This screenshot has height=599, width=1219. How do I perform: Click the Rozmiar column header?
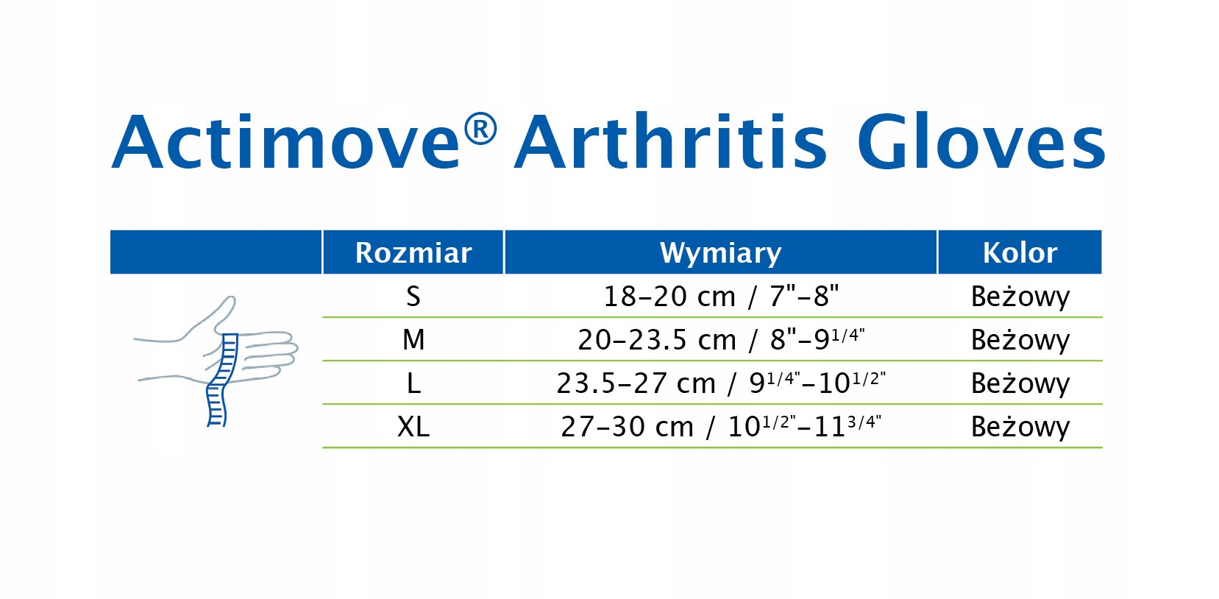[413, 252]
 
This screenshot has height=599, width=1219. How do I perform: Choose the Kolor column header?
[1020, 252]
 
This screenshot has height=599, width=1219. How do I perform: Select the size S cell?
[413, 297]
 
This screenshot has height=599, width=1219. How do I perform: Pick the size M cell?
[413, 340]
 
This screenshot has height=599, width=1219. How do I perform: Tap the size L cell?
[413, 383]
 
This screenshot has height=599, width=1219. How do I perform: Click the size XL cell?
[413, 426]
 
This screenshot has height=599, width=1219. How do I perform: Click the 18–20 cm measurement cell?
[721, 297]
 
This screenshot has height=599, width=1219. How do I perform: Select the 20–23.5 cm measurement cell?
[721, 339]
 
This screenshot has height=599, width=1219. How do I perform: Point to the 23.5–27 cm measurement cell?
[721, 383]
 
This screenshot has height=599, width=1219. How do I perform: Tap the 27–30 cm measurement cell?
[721, 426]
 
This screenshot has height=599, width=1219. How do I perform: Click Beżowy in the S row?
[1020, 297]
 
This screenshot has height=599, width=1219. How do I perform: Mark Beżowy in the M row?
[1020, 340]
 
